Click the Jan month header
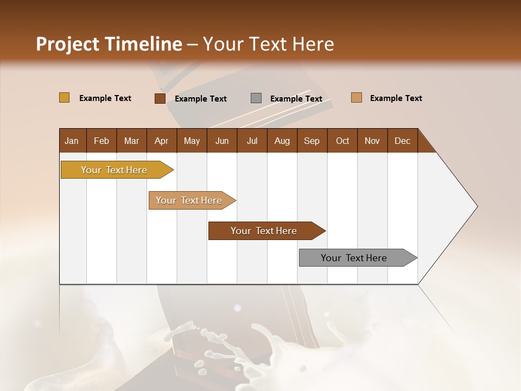tap(72, 141)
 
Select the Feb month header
tap(101, 141)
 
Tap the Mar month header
tap(131, 141)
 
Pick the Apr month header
tap(162, 141)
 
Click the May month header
tap(192, 141)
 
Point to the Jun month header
tap(222, 141)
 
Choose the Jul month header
tap(252, 141)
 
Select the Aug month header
tap(282, 141)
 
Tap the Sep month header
tap(312, 141)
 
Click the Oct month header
tap(342, 141)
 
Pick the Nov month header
tap(372, 141)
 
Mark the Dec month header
tap(403, 141)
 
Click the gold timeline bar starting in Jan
tap(114, 170)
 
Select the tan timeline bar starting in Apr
tap(189, 200)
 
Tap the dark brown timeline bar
tap(264, 231)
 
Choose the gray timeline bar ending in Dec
tap(354, 258)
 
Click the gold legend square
tap(64, 98)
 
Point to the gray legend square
tap(256, 98)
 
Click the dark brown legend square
tap(160, 98)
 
